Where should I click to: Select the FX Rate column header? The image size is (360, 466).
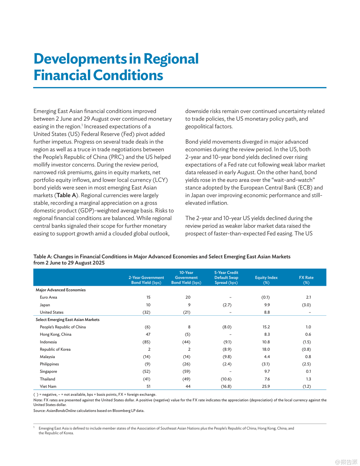point(306,280)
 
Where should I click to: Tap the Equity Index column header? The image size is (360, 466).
point(266,280)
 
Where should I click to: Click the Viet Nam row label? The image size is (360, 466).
point(48,386)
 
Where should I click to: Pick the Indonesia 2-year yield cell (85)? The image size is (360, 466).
point(146,342)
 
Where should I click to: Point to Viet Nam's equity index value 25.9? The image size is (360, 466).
point(266,386)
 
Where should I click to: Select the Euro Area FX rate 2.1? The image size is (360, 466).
point(308,297)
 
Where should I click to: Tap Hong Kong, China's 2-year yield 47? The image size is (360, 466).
point(148,335)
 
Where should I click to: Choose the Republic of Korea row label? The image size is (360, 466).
point(55,349)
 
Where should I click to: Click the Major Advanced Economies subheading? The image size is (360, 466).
point(61,290)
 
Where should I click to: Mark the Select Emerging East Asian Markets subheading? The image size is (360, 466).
point(67,320)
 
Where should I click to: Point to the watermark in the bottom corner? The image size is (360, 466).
point(346,462)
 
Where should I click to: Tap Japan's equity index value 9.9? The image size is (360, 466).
point(267,305)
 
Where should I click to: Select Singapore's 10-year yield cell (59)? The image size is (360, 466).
point(186,372)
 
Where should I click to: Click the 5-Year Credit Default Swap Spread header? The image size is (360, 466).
point(226,277)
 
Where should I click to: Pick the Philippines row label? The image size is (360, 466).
point(49,364)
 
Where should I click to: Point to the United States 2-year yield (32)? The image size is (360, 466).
point(146,312)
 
